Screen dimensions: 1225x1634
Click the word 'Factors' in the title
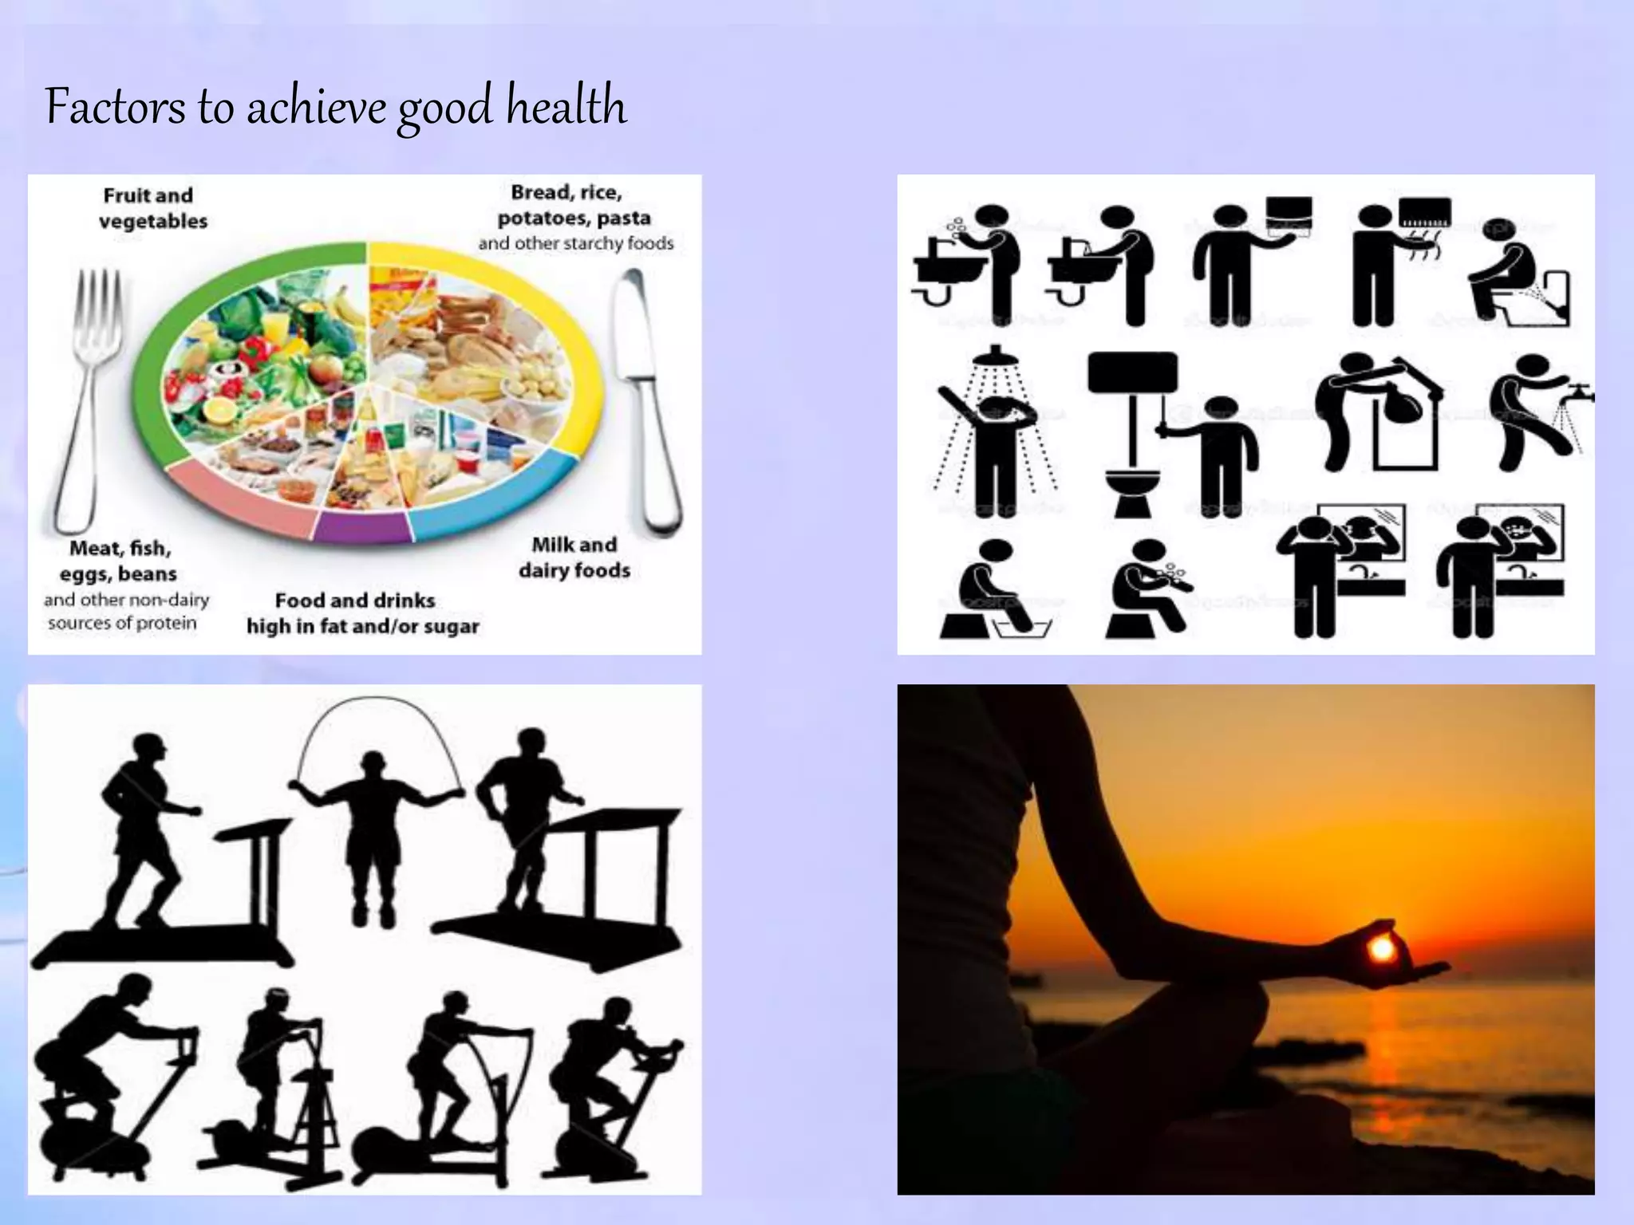click(115, 106)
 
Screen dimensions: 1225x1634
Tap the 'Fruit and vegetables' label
click(150, 208)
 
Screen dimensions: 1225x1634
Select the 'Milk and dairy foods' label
click(574, 557)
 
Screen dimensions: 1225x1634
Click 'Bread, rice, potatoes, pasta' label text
click(573, 206)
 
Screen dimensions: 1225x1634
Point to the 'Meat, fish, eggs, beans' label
click(120, 561)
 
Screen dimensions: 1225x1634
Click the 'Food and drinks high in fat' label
click(362, 613)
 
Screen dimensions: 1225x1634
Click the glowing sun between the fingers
click(1381, 948)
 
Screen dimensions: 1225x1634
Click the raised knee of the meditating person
click(1197, 1013)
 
